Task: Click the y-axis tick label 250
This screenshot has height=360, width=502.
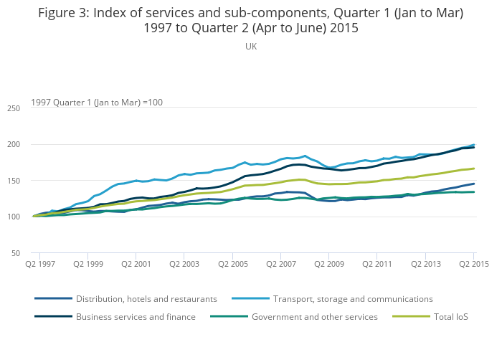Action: [13, 108]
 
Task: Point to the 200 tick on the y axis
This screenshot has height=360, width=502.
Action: [13, 145]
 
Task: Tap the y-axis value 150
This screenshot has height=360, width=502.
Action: [13, 181]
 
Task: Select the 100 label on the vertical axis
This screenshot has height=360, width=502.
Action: [13, 217]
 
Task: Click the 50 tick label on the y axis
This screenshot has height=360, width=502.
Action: [15, 253]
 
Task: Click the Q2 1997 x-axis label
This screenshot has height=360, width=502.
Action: [40, 265]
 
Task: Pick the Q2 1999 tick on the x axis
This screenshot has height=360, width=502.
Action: [88, 265]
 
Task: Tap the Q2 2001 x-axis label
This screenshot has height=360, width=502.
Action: [136, 265]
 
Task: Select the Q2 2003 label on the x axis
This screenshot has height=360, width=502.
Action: [184, 265]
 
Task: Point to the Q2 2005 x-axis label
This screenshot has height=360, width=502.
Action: [233, 265]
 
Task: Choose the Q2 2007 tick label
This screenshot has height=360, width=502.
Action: [281, 265]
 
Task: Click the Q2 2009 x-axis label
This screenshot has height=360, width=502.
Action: [329, 265]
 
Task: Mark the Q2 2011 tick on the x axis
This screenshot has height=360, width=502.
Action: [377, 265]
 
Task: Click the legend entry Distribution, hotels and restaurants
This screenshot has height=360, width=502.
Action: [146, 298]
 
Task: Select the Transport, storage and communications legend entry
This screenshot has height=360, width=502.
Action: [353, 298]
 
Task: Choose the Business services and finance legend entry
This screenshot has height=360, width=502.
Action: [136, 316]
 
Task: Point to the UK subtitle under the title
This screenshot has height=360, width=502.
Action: [251, 46]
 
